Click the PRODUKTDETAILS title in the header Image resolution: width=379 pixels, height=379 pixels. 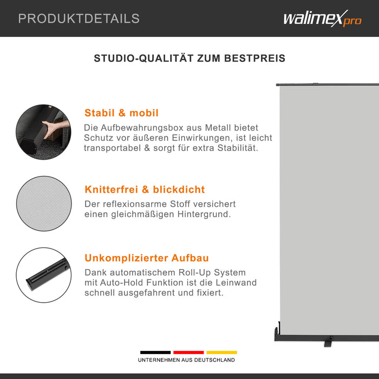[79, 18]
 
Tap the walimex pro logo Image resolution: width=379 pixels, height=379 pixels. [322, 19]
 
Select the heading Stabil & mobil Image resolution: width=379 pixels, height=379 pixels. [121, 113]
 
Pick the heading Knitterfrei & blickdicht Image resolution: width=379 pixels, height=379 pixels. [145, 190]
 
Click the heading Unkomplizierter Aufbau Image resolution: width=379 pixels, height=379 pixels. [146, 258]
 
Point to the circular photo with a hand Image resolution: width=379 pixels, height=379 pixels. [43, 132]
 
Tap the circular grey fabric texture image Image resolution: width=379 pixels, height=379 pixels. [43, 203]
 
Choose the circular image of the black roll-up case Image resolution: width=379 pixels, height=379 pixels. [43, 275]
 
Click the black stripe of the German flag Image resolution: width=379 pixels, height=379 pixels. [155, 352]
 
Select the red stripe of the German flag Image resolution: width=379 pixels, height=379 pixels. [188, 352]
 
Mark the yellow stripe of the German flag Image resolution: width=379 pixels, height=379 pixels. [221, 352]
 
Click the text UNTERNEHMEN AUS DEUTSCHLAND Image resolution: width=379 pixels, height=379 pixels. [186, 360]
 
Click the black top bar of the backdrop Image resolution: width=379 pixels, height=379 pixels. [325, 84]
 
